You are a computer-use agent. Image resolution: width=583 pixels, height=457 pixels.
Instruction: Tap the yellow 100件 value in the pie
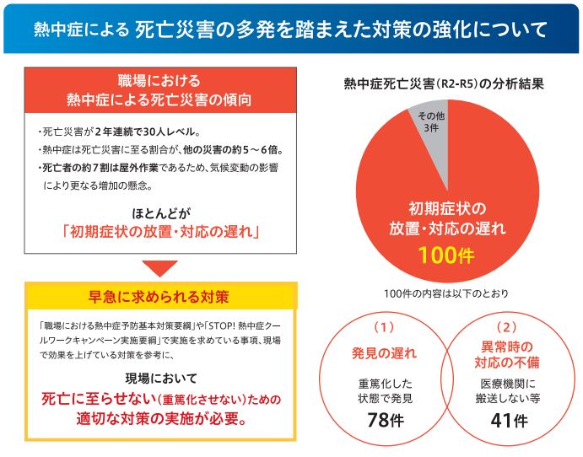click(x=446, y=255)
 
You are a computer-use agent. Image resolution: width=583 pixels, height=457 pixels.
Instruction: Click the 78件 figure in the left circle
click(x=383, y=420)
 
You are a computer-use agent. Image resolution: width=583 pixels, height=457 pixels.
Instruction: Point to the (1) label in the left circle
click(x=383, y=325)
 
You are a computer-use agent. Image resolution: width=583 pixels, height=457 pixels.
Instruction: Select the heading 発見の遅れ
click(x=383, y=352)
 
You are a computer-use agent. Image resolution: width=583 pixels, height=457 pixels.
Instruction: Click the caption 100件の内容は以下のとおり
click(x=445, y=293)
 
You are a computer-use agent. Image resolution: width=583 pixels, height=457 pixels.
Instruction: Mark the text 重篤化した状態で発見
click(x=383, y=389)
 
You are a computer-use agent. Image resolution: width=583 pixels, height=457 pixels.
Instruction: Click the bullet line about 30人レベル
click(x=118, y=132)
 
